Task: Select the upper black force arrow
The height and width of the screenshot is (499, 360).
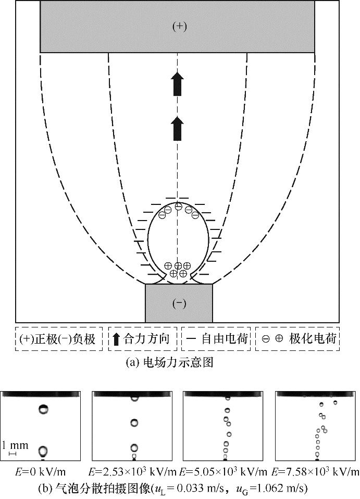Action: (x=178, y=84)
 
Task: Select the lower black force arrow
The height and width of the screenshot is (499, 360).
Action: (x=178, y=127)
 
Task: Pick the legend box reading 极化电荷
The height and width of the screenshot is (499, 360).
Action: (x=297, y=339)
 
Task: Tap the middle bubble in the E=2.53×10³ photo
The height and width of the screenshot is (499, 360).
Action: (x=134, y=423)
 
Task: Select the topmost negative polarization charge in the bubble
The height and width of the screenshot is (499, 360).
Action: (x=178, y=207)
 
